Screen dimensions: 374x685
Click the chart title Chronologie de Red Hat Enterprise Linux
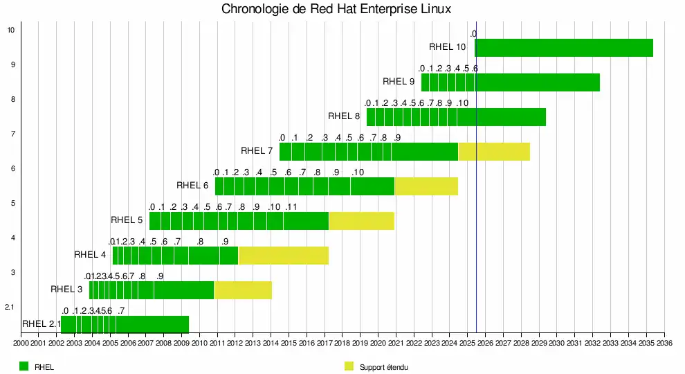coord(336,9)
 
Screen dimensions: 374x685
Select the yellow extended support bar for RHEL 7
coord(494,151)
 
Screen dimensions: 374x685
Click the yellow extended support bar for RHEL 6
coord(426,186)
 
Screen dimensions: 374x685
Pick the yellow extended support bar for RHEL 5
coord(361,220)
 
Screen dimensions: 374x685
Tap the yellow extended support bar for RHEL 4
coord(283,255)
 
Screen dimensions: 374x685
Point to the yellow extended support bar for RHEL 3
coord(243,290)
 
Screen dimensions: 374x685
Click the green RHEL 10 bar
coord(564,47)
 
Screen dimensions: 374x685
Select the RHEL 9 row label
coord(399,82)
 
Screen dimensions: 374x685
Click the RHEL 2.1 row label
coord(41,323)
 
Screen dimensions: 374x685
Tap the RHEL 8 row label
coord(344,116)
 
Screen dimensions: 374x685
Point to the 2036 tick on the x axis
coord(664,342)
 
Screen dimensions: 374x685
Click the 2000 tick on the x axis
coord(21,342)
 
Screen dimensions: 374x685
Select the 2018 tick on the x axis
coord(342,342)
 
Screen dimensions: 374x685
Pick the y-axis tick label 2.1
coord(10,307)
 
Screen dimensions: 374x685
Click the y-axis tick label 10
coord(10,30)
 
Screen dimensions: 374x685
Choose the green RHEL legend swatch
coord(24,366)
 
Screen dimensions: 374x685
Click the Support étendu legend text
coord(383,366)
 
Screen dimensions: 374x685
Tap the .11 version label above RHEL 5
coord(291,207)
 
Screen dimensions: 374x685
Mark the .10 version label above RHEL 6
coord(358,172)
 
